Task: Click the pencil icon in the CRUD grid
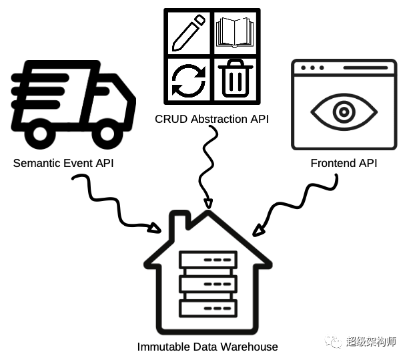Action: (188, 33)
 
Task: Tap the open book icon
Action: (235, 32)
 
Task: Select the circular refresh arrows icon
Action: (189, 81)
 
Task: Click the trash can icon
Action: (236, 78)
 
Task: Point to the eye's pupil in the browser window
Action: (344, 112)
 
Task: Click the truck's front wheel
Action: (107, 134)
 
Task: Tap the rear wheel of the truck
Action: (40, 134)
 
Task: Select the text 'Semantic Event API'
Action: (63, 163)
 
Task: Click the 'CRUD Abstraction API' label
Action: (212, 119)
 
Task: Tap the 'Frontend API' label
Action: (344, 163)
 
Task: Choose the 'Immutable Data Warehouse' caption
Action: (208, 347)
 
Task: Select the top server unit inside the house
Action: (208, 260)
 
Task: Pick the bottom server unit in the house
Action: (208, 309)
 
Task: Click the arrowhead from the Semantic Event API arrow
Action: (154, 228)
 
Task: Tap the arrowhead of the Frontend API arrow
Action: (258, 230)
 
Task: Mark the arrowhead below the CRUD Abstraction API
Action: (208, 204)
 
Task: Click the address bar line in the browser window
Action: (366, 68)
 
